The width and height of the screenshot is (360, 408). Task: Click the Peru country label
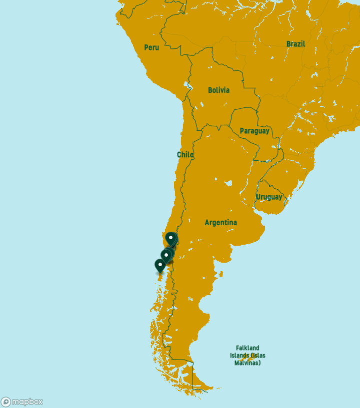(x=151, y=47)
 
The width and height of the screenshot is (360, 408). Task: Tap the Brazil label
(x=295, y=44)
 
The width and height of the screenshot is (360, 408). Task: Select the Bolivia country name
(x=219, y=90)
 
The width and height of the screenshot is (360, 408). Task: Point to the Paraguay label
(x=254, y=131)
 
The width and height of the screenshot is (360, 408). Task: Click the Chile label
(x=185, y=155)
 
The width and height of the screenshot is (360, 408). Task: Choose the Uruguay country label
(x=269, y=197)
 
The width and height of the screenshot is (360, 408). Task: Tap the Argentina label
(x=221, y=223)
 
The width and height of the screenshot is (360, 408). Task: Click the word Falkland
(x=247, y=348)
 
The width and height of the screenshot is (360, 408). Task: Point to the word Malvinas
(x=247, y=363)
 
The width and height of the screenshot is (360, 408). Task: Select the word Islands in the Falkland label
(x=240, y=356)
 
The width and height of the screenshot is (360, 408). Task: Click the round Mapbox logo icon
(x=6, y=402)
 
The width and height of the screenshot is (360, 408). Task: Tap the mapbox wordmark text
(x=27, y=402)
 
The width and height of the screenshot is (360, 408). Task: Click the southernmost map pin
(x=160, y=266)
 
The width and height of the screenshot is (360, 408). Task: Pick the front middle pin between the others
(x=166, y=256)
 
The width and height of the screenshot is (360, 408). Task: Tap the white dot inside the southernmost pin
(x=160, y=263)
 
